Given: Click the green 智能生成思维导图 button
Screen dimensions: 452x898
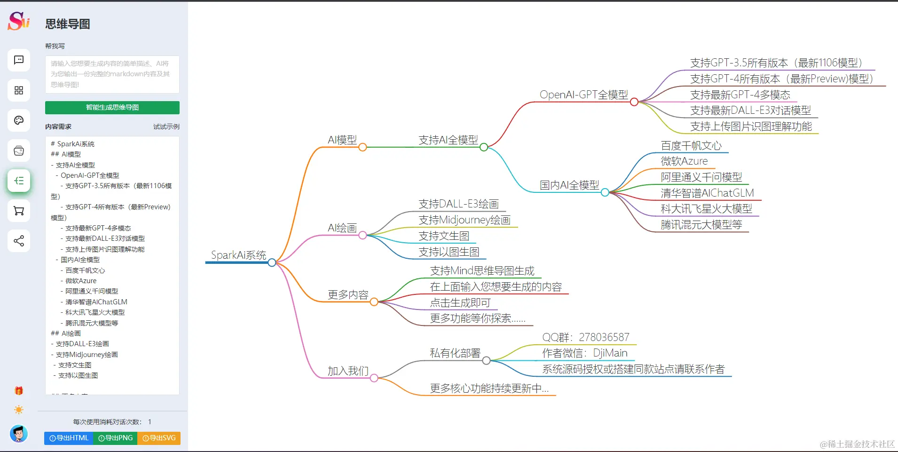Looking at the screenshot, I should pos(112,108).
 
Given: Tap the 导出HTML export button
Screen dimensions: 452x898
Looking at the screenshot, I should pos(69,438).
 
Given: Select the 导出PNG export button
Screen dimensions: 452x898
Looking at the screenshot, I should pos(115,438).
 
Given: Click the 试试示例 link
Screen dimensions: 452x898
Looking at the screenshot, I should pos(166,127).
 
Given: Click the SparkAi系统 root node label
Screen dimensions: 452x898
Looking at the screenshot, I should pos(238,255).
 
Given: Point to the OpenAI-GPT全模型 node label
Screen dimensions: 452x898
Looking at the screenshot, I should pos(583,95).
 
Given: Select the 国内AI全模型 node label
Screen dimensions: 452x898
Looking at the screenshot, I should pos(569,185).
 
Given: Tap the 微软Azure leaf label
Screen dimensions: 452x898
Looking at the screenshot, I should pos(684,161).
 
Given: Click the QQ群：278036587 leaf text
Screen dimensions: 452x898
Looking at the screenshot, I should pos(585,337).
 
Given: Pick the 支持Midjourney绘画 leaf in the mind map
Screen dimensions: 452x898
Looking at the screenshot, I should pos(464,220).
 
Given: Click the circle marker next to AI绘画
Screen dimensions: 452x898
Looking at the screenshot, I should pos(362,235).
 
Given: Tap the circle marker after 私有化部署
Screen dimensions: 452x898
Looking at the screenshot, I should pos(486,360).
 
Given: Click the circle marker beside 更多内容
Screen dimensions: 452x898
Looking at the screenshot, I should pos(374,302).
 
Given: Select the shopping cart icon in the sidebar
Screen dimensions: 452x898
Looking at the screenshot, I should pos(19,211).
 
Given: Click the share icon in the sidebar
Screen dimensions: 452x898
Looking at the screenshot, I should pos(19,241).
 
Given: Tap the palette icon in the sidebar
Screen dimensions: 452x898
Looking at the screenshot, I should pos(19,120).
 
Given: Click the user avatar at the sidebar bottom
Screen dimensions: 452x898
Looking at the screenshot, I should pos(19,433).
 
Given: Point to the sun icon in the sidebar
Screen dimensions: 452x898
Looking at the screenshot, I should pos(19,410).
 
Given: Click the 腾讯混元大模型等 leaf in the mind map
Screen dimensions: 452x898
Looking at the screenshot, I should pos(701,225).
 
